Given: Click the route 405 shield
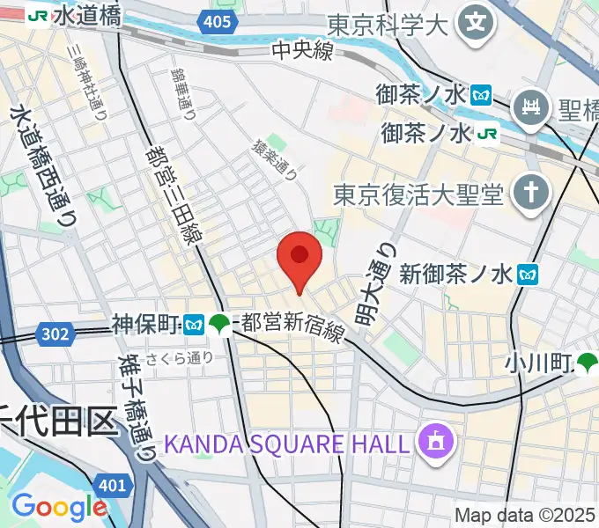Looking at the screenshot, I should pyautogui.click(x=215, y=22).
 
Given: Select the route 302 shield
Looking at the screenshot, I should pyautogui.click(x=55, y=332).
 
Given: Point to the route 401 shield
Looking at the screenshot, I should pyautogui.click(x=112, y=486).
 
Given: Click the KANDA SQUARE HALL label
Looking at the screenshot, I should pyautogui.click(x=292, y=442).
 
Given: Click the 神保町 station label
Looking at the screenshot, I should pyautogui.click(x=147, y=324).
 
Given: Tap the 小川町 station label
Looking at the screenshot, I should pyautogui.click(x=540, y=361).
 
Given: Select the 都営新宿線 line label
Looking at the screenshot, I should pyautogui.click(x=292, y=325).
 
